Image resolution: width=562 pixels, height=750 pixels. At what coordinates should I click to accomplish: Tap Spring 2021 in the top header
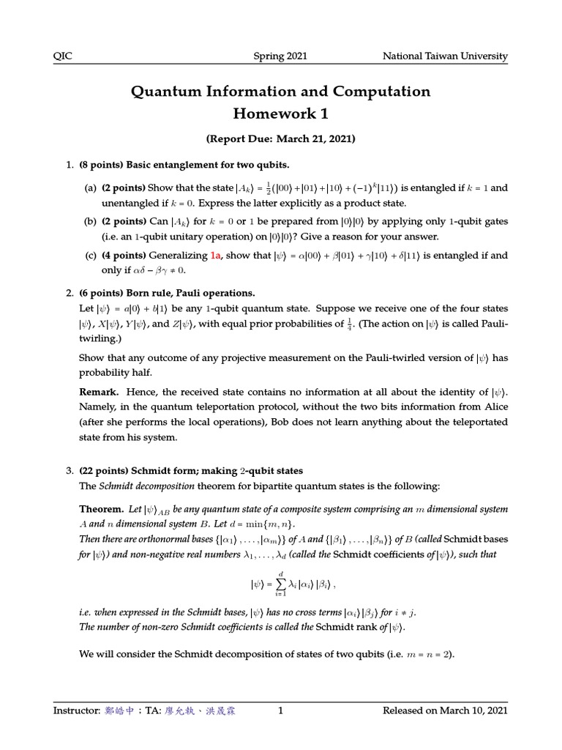pos(280,56)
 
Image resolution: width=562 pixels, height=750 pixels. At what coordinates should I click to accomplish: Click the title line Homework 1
pos(280,113)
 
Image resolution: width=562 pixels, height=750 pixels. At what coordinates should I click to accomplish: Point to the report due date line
pos(280,138)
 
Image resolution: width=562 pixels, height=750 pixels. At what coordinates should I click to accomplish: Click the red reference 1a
pos(216,256)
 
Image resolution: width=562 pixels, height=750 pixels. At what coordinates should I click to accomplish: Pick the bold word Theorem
pos(101,508)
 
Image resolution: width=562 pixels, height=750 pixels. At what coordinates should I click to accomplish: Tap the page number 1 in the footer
pos(280,710)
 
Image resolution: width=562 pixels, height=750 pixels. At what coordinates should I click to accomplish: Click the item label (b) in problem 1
pos(91,221)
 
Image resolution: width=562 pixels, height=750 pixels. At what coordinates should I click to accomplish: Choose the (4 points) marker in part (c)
pos(124,256)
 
